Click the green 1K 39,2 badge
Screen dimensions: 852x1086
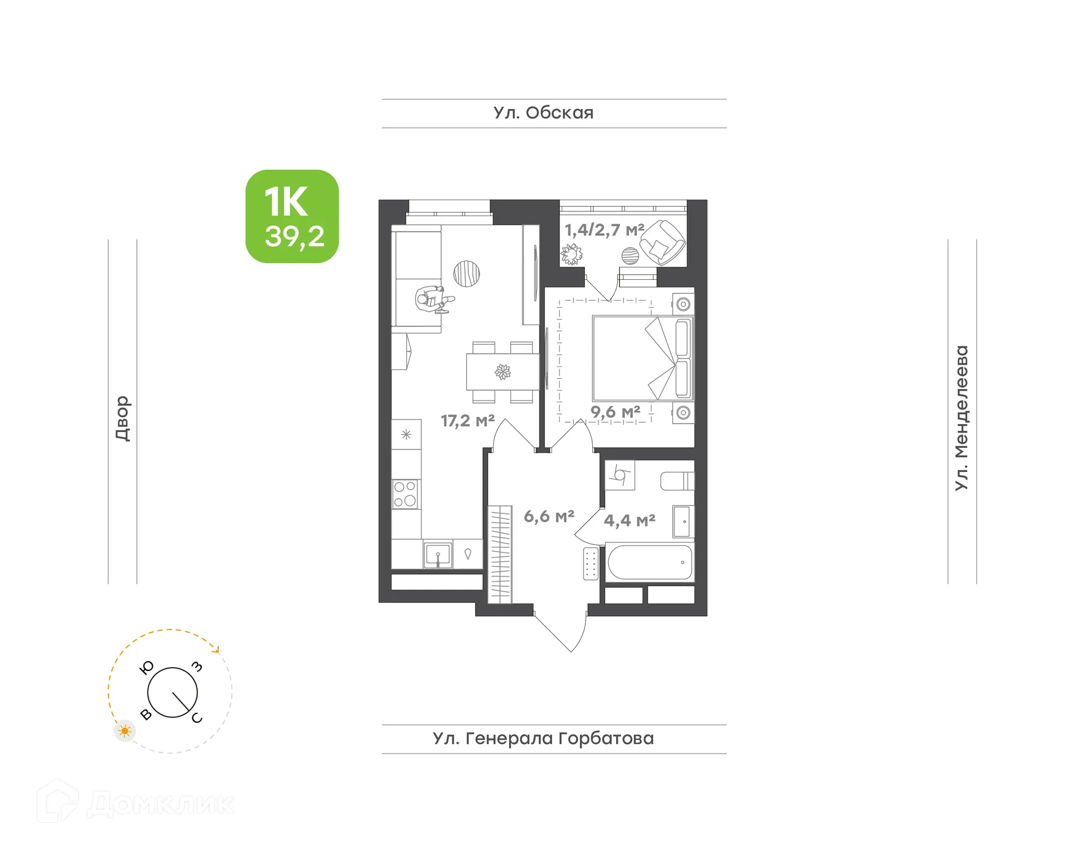click(x=292, y=216)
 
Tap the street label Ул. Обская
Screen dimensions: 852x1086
click(x=543, y=113)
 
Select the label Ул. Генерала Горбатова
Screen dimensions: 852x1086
click(x=543, y=738)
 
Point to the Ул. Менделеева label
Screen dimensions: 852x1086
click(x=962, y=418)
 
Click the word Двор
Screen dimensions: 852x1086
click(x=122, y=418)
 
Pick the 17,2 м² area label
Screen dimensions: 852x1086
click(x=468, y=421)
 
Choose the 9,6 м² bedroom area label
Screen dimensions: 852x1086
click(x=615, y=412)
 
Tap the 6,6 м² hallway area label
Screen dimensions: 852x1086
click(x=549, y=516)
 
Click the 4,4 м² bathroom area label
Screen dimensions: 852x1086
click(x=630, y=520)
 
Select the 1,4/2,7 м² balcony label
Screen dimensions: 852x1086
click(x=604, y=230)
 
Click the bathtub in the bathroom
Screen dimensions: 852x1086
click(x=650, y=563)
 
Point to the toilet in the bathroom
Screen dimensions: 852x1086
click(x=676, y=481)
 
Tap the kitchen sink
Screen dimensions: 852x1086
click(x=438, y=555)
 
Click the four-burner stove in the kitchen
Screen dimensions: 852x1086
click(x=405, y=494)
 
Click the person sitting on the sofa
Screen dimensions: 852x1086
click(x=433, y=298)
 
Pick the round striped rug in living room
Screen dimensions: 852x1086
click(x=467, y=274)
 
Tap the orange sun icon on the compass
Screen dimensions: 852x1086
click(x=125, y=731)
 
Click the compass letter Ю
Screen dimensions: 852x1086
click(x=146, y=668)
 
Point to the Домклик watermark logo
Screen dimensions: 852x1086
click(x=136, y=803)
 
